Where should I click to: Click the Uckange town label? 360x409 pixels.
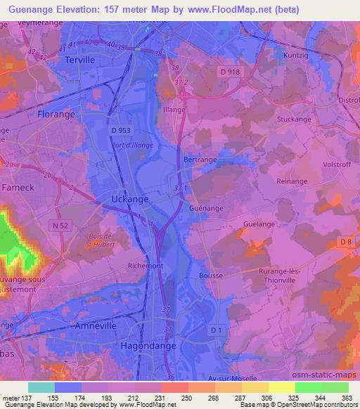tap(130, 200)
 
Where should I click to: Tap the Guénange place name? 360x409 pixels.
tap(207, 209)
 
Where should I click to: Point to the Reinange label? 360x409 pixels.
tap(292, 181)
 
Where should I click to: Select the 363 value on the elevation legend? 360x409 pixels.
tap(345, 398)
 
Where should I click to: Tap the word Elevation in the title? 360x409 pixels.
tap(91, 10)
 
